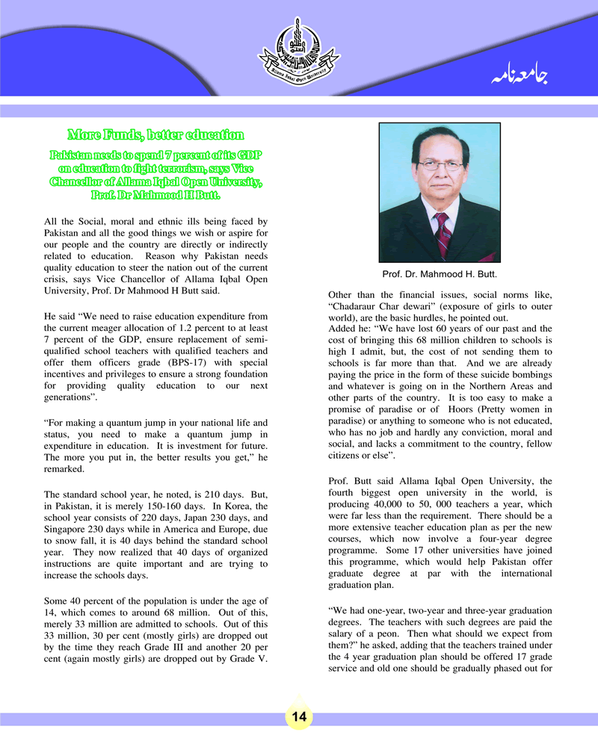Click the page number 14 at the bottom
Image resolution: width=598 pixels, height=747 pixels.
pos(299,716)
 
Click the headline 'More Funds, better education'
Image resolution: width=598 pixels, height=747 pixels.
pos(155,135)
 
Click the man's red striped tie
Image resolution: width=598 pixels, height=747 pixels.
pos(443,233)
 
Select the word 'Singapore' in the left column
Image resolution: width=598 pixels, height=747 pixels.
pos(67,530)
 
